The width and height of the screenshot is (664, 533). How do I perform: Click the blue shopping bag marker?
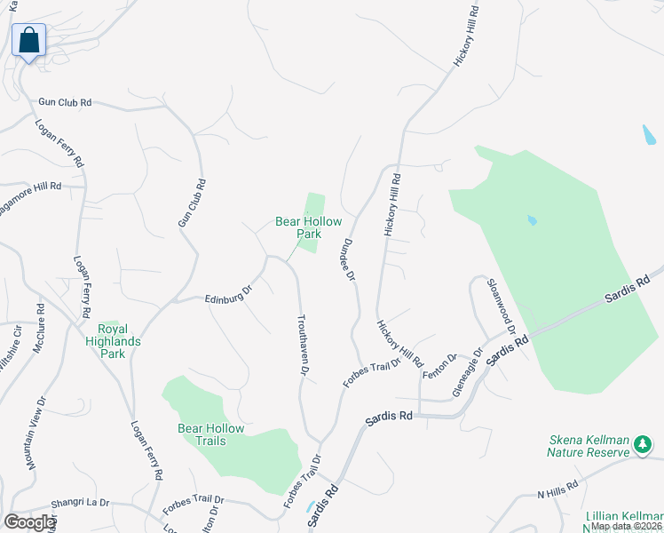(28, 41)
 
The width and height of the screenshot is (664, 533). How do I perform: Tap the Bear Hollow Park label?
(296, 227)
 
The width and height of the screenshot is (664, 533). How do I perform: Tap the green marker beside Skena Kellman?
(643, 452)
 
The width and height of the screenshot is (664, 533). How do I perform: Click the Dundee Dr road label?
(349, 260)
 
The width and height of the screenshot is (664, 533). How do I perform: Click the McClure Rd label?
(39, 328)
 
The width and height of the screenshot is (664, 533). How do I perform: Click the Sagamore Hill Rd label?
(30, 187)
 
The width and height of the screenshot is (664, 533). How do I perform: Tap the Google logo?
(29, 522)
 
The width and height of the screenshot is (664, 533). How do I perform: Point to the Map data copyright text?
(626, 526)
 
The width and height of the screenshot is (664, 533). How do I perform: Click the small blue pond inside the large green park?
(532, 220)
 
